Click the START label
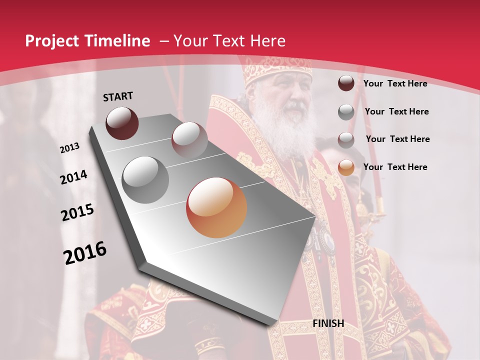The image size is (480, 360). (x=118, y=96)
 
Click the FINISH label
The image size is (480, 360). (x=328, y=323)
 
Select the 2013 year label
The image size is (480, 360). (x=69, y=148)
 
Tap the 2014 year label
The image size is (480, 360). (x=73, y=177)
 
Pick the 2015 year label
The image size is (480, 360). (x=77, y=213)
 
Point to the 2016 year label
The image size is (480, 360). (x=85, y=253)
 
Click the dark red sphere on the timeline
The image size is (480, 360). (x=122, y=123)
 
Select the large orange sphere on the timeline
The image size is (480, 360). (x=216, y=207)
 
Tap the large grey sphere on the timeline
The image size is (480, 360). (x=145, y=180)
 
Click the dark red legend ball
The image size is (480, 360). (x=346, y=83)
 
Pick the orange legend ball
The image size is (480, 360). (x=346, y=167)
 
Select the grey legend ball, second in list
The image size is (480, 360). (x=346, y=112)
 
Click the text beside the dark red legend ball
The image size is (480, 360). (x=395, y=83)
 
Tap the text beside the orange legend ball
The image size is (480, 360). (x=395, y=167)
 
